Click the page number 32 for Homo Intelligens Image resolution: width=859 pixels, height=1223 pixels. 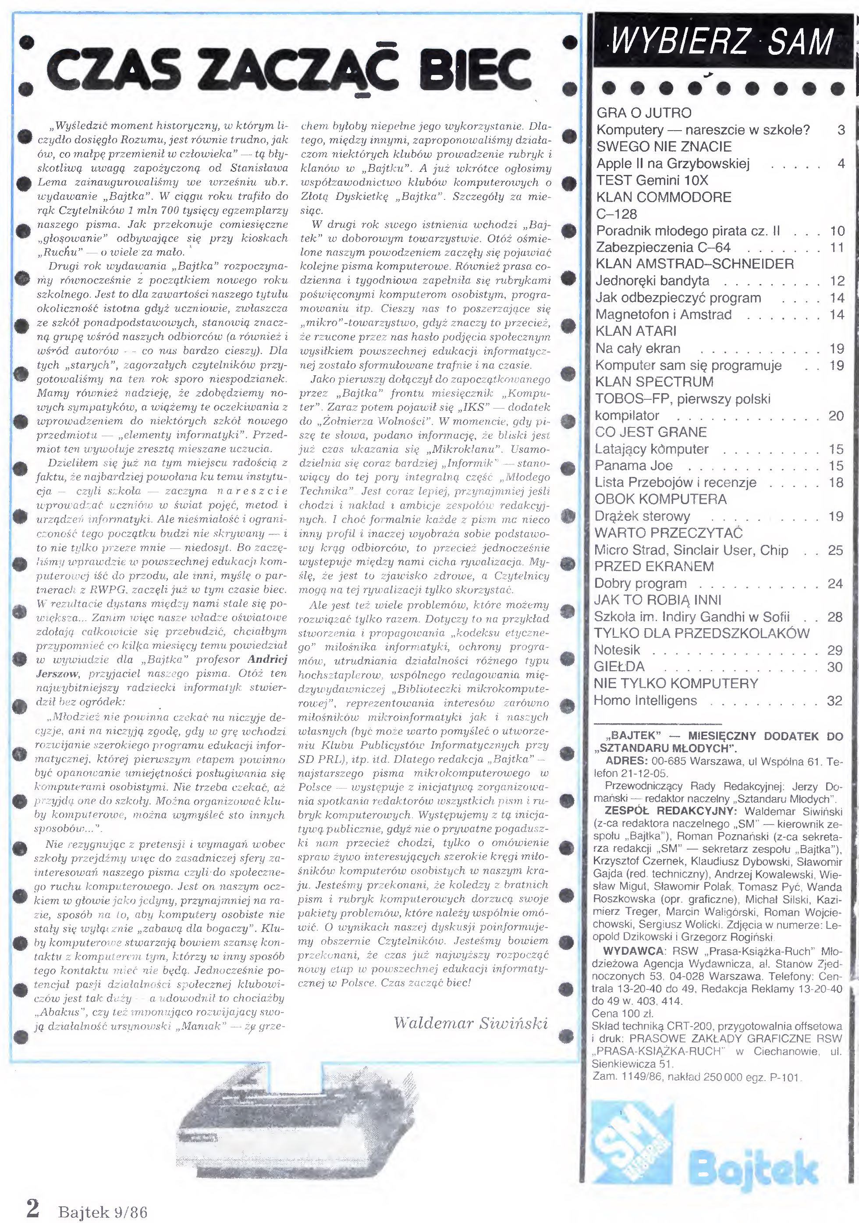834,700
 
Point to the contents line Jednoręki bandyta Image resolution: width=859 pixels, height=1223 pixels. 653,281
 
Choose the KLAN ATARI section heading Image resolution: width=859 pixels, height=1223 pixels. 636,331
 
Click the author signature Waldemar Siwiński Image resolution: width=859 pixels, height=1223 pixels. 471,1023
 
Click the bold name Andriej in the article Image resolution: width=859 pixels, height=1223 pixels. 267,659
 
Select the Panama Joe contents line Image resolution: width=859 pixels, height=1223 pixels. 634,466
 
